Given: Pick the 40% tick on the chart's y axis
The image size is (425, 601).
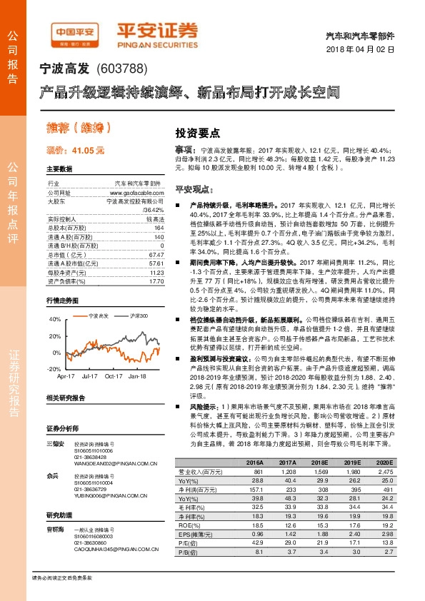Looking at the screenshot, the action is (x=55, y=318).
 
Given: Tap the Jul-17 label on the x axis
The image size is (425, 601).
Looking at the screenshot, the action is (x=91, y=375).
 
